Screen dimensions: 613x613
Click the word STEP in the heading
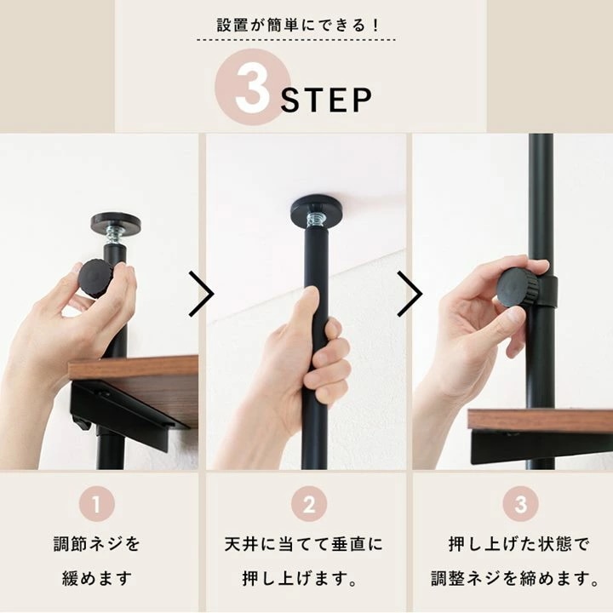click(327, 100)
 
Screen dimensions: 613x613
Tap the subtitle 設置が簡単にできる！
click(306, 25)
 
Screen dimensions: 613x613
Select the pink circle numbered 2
click(308, 504)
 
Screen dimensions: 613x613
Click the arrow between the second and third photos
click(410, 295)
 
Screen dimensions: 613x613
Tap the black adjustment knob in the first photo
click(95, 278)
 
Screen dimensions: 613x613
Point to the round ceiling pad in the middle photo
click(316, 209)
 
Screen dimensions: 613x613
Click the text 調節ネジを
click(97, 543)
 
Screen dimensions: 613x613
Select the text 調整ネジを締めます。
click(514, 579)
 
